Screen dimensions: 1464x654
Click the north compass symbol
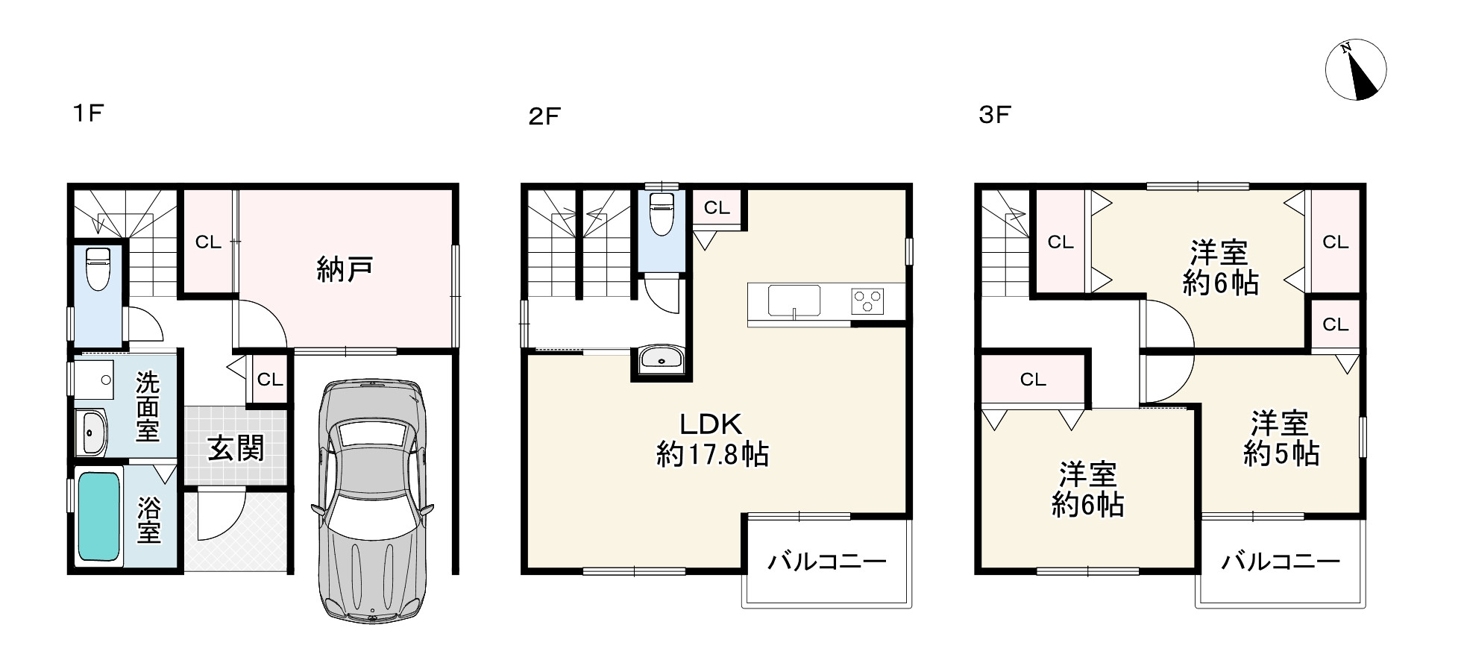(x=1355, y=70)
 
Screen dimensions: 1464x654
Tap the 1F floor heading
(x=87, y=113)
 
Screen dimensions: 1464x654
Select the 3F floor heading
(x=994, y=115)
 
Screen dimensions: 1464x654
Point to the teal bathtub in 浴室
(x=99, y=516)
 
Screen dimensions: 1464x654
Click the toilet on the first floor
(x=98, y=268)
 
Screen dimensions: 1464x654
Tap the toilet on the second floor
(x=662, y=214)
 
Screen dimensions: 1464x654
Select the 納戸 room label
(x=345, y=268)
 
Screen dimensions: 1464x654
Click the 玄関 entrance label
(x=235, y=449)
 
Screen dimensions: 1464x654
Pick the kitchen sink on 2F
(x=794, y=301)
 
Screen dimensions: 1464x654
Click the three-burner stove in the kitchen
(x=867, y=301)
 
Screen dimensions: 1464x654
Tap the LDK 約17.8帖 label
(x=711, y=439)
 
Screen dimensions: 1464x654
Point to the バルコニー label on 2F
(x=827, y=561)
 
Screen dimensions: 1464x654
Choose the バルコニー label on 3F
(x=1281, y=561)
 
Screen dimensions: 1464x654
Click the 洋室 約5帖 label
(x=1281, y=438)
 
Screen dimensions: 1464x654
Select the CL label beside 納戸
(x=208, y=242)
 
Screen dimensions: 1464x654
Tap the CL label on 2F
(x=717, y=208)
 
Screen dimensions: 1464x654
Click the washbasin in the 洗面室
(x=92, y=433)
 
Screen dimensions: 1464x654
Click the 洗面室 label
(x=148, y=406)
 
